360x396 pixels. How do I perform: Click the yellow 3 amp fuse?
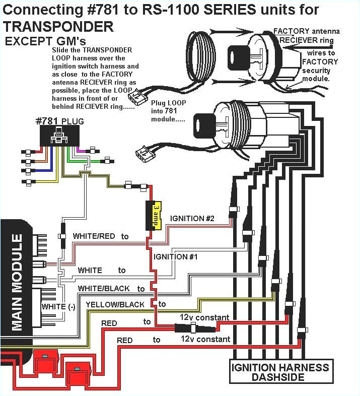(x=154, y=215)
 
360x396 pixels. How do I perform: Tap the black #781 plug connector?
(x=60, y=135)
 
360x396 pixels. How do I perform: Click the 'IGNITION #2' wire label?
(x=192, y=218)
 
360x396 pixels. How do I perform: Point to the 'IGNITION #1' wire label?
(x=175, y=256)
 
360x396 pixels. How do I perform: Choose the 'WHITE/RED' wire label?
(x=95, y=236)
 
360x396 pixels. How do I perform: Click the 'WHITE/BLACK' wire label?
(x=103, y=289)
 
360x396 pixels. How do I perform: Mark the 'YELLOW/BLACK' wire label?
(x=115, y=304)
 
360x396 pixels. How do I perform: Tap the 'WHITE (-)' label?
(x=58, y=307)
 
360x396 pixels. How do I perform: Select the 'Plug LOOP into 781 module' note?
(x=168, y=110)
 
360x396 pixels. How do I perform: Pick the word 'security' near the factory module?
(x=316, y=71)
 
